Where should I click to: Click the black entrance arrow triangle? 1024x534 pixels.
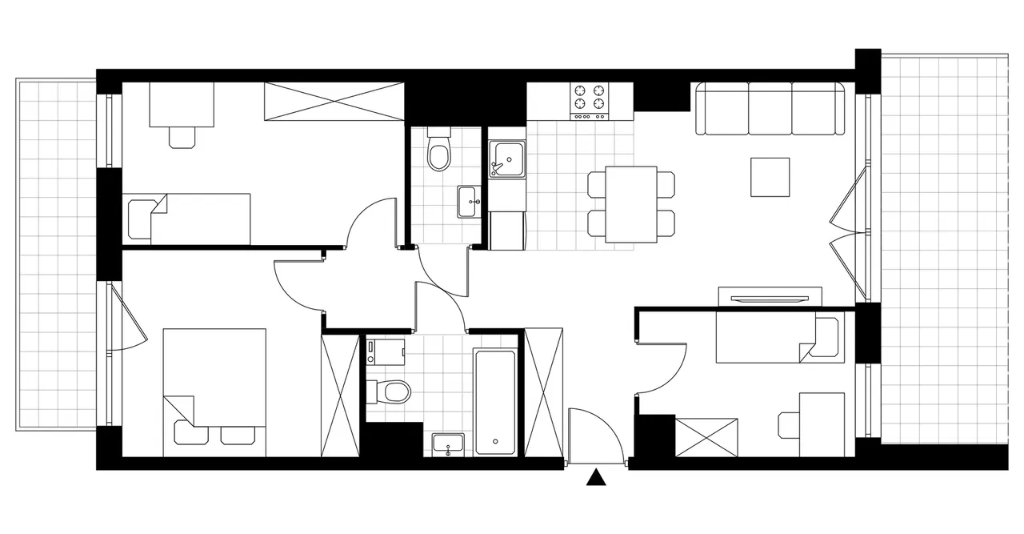(x=594, y=478)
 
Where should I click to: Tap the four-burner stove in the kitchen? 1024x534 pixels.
(x=589, y=102)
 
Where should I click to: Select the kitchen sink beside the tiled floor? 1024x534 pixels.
(x=507, y=158)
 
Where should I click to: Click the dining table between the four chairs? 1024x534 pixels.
(x=631, y=204)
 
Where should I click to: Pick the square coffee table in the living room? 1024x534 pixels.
(x=770, y=177)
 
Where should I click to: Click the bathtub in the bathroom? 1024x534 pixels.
(x=496, y=401)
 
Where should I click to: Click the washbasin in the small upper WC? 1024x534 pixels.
(x=469, y=201)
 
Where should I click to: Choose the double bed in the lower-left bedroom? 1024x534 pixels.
(x=214, y=391)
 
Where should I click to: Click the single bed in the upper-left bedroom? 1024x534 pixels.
(x=190, y=218)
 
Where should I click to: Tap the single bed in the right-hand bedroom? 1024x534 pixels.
(x=776, y=337)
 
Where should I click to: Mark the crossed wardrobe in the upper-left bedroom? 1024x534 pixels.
(x=334, y=102)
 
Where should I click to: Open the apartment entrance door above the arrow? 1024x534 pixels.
(x=595, y=436)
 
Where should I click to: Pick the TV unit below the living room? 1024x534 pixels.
(x=770, y=296)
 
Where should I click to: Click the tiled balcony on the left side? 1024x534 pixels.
(x=56, y=254)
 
